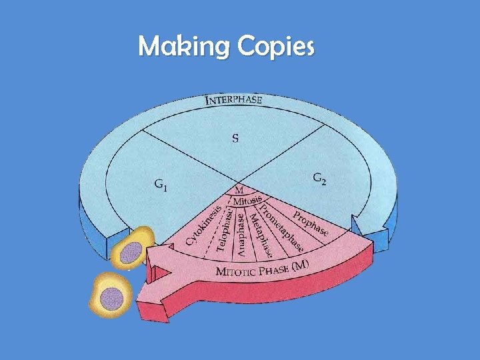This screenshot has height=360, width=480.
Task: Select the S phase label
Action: [235, 139]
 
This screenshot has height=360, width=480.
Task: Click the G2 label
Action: [319, 179]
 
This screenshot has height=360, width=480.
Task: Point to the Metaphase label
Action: [259, 233]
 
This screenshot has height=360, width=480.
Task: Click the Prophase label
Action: [309, 223]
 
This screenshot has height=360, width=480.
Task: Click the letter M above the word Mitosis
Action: [239, 191]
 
